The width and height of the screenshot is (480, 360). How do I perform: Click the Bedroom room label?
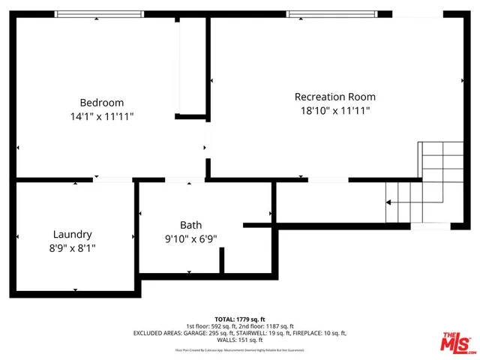tap(102, 103)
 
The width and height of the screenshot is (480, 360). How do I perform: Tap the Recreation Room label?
tap(334, 97)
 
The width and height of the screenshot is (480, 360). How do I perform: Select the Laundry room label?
tap(73, 234)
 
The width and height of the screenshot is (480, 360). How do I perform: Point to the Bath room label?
tap(190, 225)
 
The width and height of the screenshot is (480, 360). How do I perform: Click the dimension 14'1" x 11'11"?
tap(102, 116)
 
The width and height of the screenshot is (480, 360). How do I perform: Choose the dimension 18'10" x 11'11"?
tap(334, 110)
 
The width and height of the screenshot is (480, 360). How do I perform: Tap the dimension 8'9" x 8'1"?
tap(73, 247)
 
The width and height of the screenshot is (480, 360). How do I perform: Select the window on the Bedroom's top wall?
tap(100, 13)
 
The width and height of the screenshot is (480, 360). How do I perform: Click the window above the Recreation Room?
tap(331, 13)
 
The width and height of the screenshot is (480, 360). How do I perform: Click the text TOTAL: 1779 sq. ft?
tap(240, 319)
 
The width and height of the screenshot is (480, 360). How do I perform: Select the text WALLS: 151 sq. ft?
tap(240, 340)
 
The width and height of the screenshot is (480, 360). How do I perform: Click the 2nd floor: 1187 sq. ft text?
tap(266, 326)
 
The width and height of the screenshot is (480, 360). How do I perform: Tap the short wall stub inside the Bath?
tap(222, 261)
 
